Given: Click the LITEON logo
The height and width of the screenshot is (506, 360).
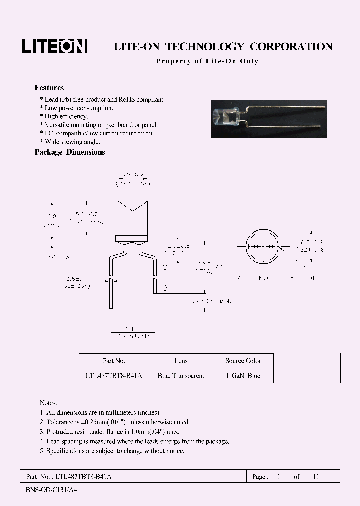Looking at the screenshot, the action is coord(54,46).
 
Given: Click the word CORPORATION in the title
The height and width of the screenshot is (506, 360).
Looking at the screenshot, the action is coord(291,47).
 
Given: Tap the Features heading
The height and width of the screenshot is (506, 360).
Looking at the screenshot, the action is coord(49,88).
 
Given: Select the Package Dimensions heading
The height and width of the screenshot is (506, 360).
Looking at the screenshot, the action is coord(70,152).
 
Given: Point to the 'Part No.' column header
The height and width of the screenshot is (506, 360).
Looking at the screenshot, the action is coord(114,361).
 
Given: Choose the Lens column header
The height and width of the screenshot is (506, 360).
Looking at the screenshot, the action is coord(181,361).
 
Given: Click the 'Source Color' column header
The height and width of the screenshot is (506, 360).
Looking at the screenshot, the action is coord(243,361).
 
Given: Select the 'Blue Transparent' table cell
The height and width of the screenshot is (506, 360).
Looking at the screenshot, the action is coord(181,376).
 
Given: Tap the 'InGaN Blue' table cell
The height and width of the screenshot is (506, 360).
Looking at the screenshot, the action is coord(243,376).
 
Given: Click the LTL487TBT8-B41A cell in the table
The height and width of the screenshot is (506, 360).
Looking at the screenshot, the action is coord(114,376).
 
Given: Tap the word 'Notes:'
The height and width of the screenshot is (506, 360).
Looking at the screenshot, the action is coord(48,403).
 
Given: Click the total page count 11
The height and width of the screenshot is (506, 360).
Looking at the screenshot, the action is coord(315,477).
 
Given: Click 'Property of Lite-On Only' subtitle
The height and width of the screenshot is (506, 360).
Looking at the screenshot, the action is coord(207,61).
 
